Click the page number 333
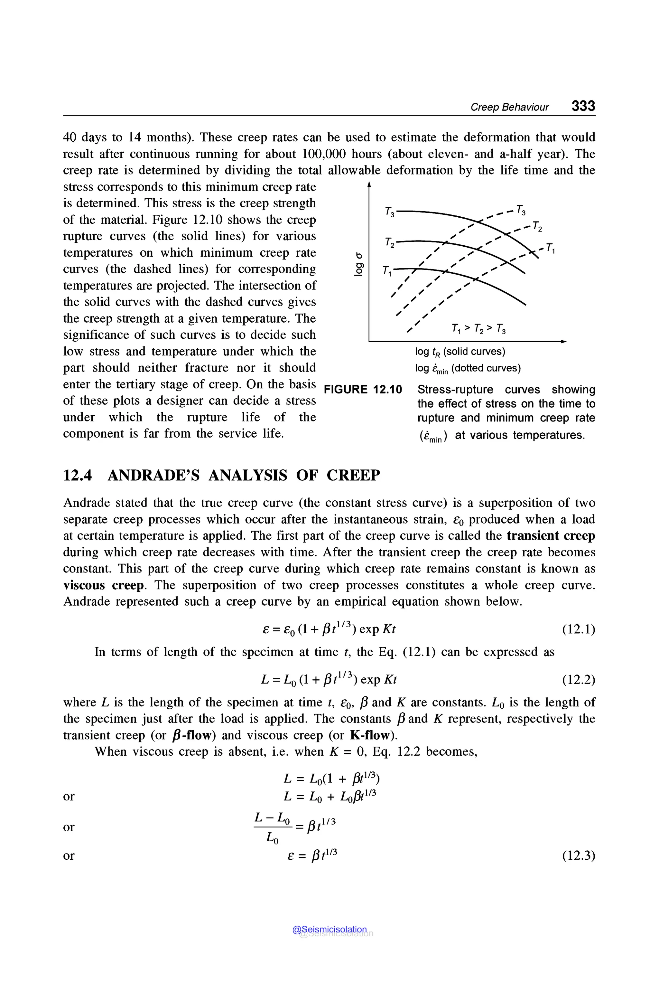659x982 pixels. point(583,106)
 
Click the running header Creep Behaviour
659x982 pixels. point(509,107)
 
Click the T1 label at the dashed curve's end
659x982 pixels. point(551,248)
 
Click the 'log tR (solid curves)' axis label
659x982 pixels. point(460,352)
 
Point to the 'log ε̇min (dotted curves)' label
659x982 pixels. point(467,368)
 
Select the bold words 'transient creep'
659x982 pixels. point(551,536)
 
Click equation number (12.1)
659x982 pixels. point(578,629)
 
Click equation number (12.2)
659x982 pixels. point(578,680)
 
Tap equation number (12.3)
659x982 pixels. point(578,855)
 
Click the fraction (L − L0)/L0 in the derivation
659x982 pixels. point(272,828)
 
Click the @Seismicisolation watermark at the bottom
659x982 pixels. point(330,930)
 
